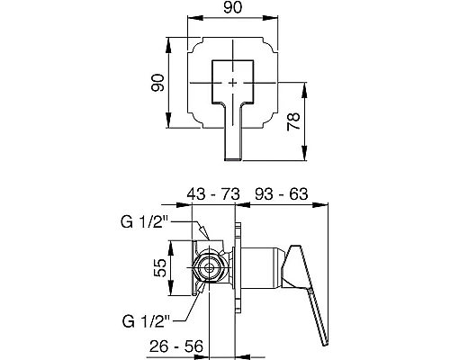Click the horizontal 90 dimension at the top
[x=232, y=7]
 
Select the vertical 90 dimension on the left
[x=157, y=83]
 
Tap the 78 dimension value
[x=293, y=121]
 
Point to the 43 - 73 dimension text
[x=213, y=194]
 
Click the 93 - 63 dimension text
[x=281, y=194]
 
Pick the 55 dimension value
[x=159, y=267]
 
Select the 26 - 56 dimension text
[x=176, y=346]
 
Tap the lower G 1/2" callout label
[x=146, y=321]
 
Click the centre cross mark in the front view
[x=233, y=83]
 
